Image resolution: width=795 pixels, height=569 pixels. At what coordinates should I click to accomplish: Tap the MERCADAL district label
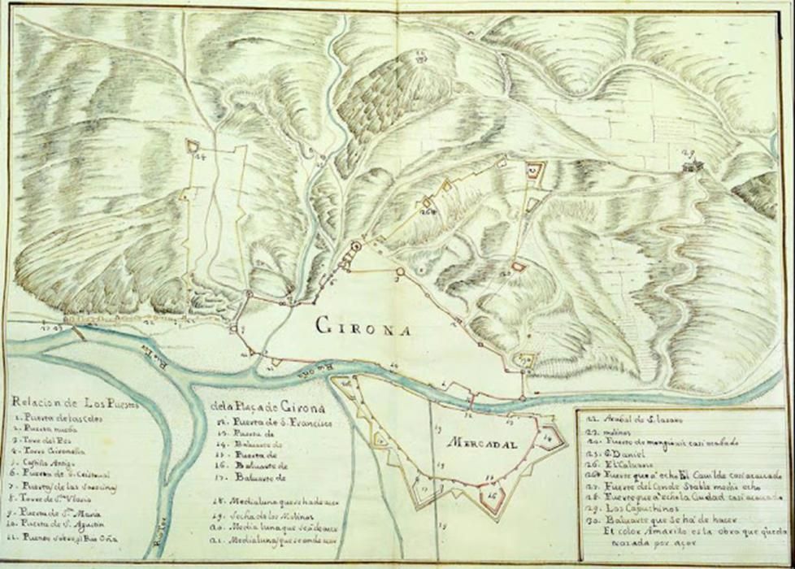click(x=480, y=443)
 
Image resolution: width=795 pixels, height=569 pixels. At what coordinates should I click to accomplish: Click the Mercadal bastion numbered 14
click(x=553, y=437)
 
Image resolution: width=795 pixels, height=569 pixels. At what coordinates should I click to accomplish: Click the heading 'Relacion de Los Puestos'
click(x=77, y=402)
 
